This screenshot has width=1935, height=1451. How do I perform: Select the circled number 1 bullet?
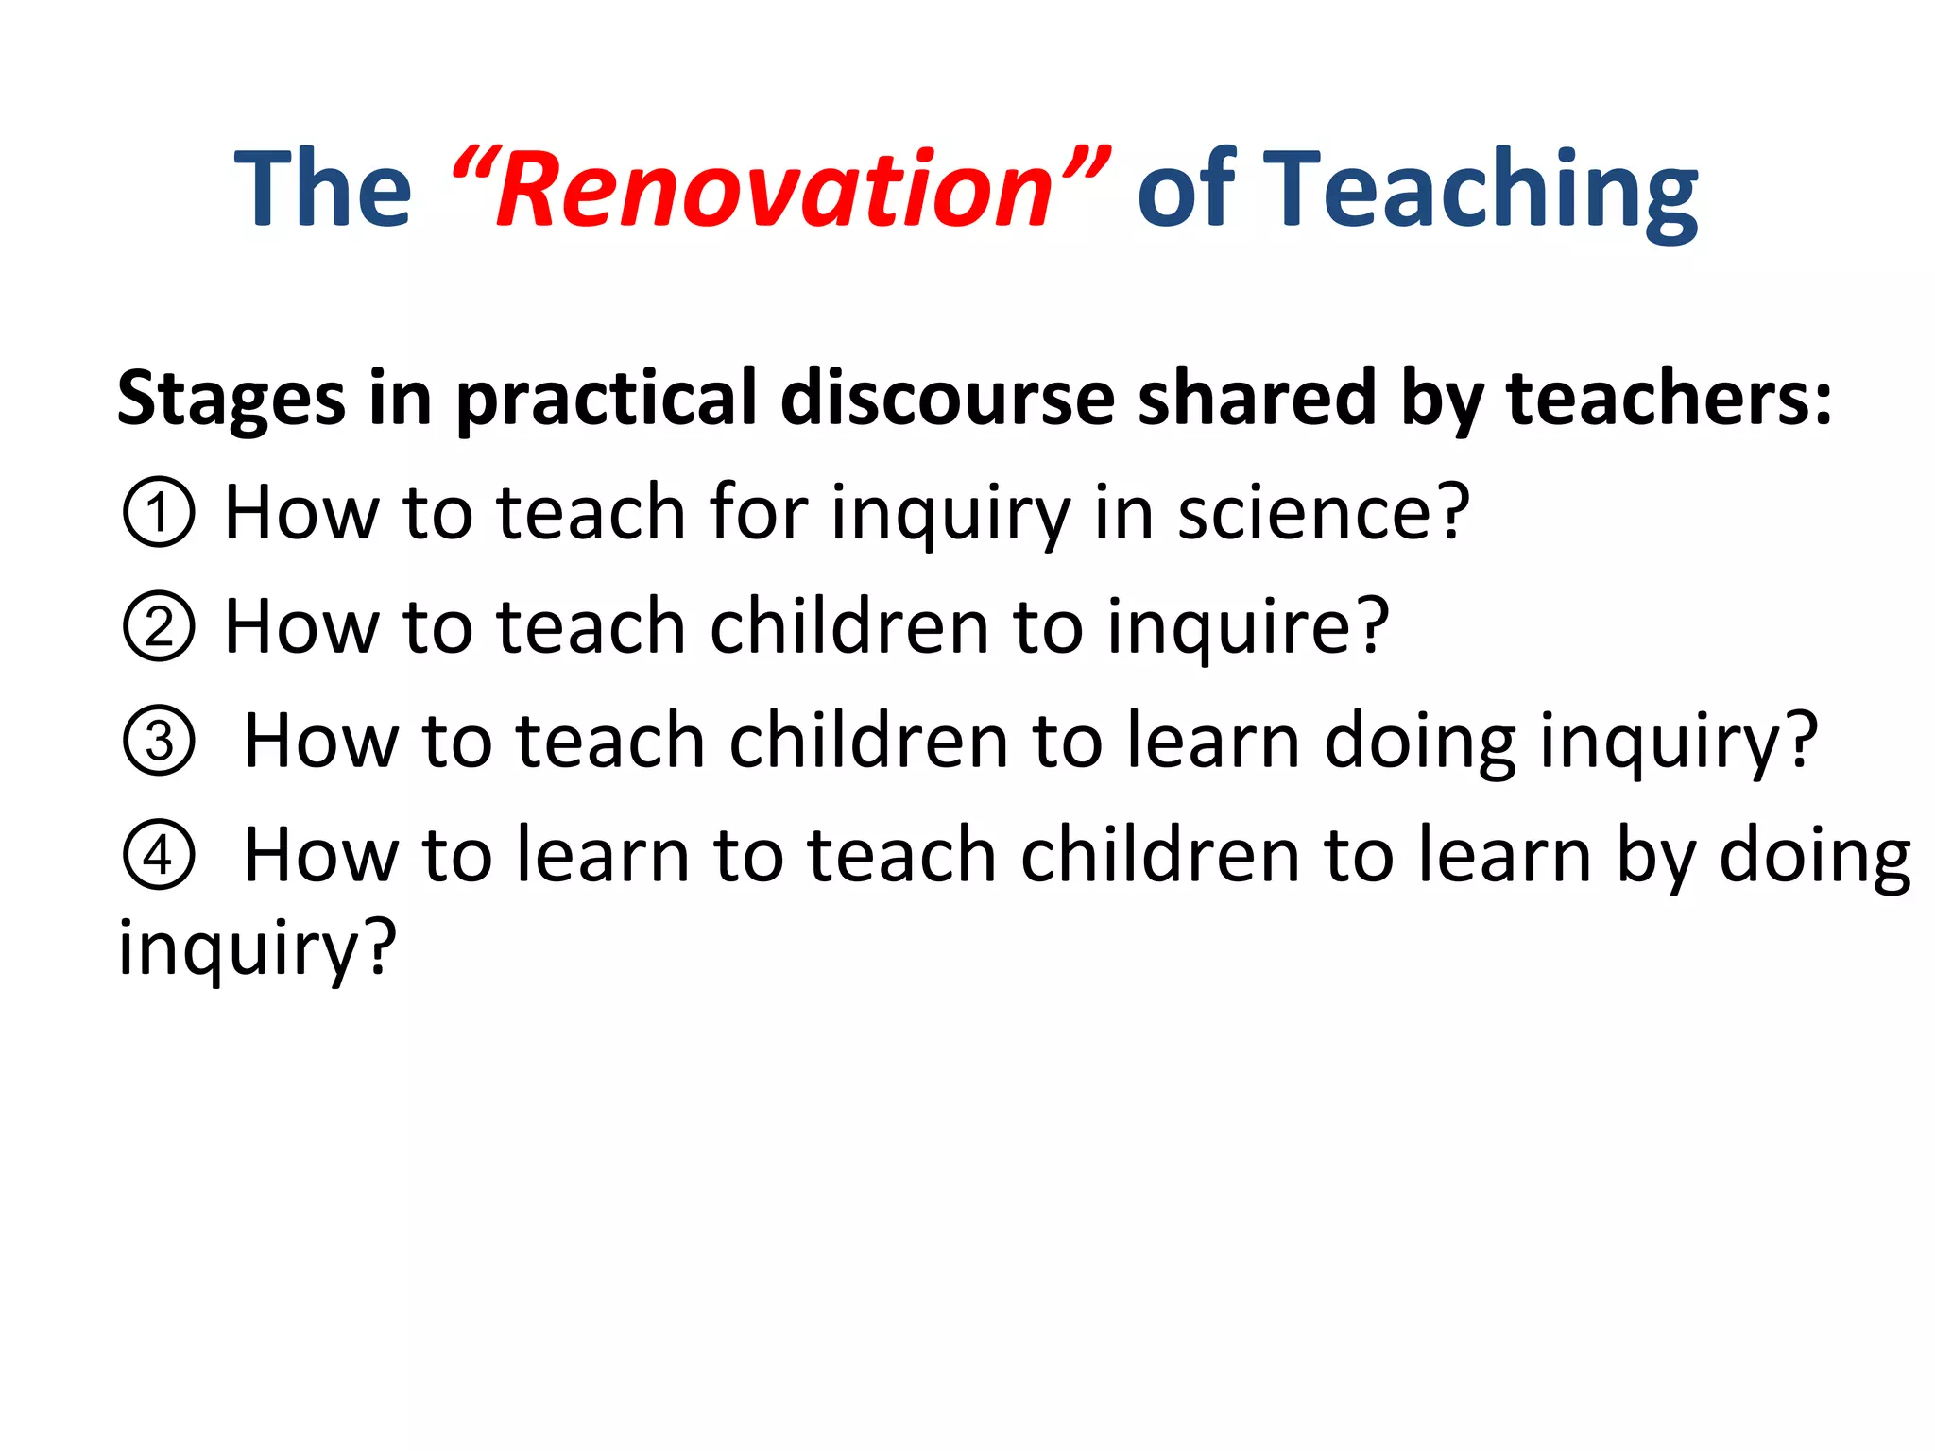point(159,512)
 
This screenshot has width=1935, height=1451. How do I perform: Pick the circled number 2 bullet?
point(159,626)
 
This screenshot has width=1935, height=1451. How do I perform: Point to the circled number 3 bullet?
point(159,742)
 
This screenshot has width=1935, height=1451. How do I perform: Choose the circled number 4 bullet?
point(159,855)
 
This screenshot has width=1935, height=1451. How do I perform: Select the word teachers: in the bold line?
point(1669,397)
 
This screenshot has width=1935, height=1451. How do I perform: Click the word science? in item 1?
point(1324,512)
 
